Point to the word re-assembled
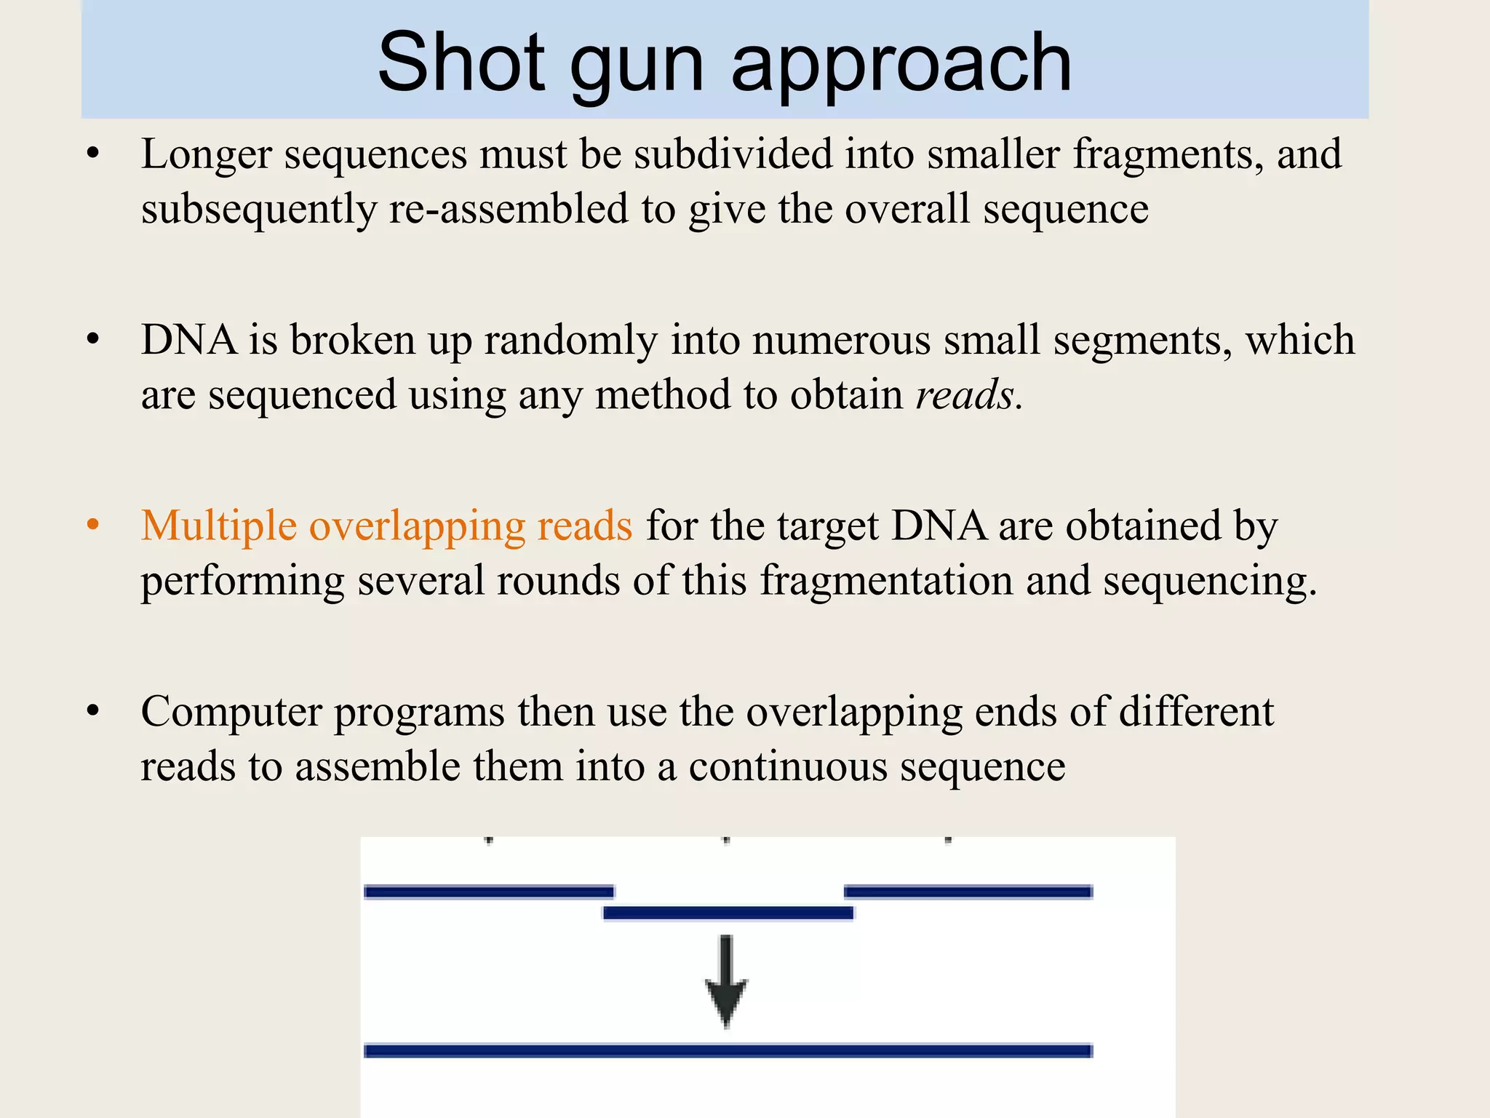pos(509,210)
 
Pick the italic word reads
pos(964,396)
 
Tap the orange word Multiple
pos(219,526)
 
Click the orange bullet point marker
pos(92,525)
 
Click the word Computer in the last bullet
pos(231,712)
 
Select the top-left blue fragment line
pos(489,892)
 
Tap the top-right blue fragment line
pos(968,892)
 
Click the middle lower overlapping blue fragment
pos(728,913)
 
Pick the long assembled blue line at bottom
pos(728,1050)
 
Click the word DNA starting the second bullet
pos(188,341)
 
